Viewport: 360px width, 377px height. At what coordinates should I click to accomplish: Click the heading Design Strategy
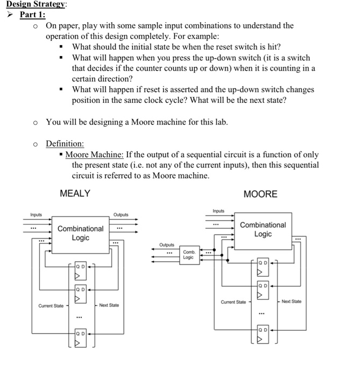(x=32, y=4)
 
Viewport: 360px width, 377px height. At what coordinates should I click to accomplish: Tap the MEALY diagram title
(x=75, y=193)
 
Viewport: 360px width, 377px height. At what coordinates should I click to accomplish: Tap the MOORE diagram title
(x=260, y=194)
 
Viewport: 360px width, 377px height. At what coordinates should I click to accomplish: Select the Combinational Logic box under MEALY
(x=80, y=233)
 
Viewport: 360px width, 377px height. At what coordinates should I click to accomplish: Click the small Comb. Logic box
(x=188, y=254)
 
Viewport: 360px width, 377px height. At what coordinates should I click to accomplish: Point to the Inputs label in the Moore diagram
(x=218, y=211)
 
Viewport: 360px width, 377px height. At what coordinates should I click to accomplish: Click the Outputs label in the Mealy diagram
(x=122, y=214)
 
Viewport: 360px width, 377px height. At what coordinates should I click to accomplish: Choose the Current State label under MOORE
(x=233, y=302)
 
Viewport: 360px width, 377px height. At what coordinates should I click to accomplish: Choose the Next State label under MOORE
(x=292, y=302)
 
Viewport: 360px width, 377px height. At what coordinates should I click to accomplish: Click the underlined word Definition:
(x=65, y=144)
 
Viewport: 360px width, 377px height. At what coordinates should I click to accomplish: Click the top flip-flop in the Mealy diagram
(x=80, y=270)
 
